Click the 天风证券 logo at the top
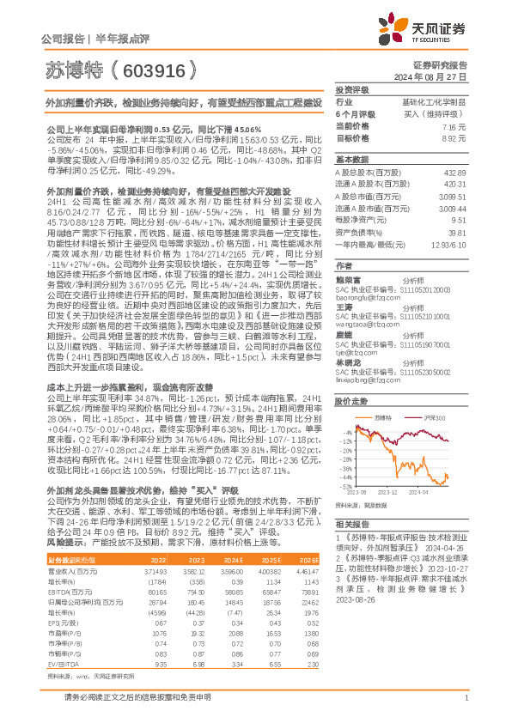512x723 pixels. (429, 30)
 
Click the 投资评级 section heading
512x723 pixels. (352, 89)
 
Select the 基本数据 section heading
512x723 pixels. (352, 160)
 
